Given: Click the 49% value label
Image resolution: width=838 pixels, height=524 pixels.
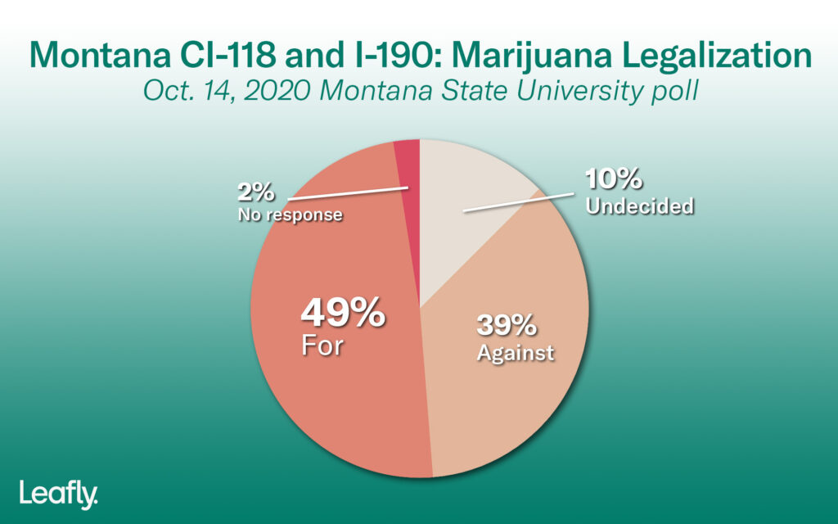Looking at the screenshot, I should (342, 313).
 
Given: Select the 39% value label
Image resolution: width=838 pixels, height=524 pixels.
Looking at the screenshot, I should (507, 326).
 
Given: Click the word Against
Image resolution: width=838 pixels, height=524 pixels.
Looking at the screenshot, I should (516, 353).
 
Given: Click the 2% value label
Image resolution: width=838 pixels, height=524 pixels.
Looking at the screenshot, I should (257, 194).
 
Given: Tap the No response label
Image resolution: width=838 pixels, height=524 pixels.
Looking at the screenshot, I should (289, 215).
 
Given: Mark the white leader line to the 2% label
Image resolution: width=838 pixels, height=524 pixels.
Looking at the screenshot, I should (347, 192).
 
